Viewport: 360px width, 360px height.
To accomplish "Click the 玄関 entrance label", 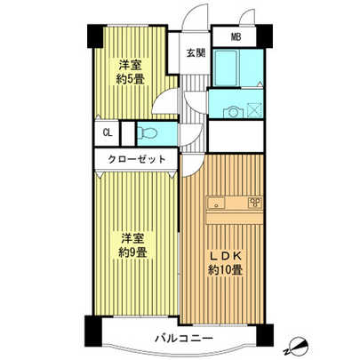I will pos(196,53).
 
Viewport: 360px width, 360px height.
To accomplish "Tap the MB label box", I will pos(236,36).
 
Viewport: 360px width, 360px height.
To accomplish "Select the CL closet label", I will pos(107,133).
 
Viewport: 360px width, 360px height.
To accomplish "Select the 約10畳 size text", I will pos(225,268).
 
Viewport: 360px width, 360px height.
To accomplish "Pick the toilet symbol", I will pos(148,133).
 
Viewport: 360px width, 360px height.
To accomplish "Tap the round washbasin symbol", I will pos(233,111).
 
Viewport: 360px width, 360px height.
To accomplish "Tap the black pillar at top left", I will pos(93,36).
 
